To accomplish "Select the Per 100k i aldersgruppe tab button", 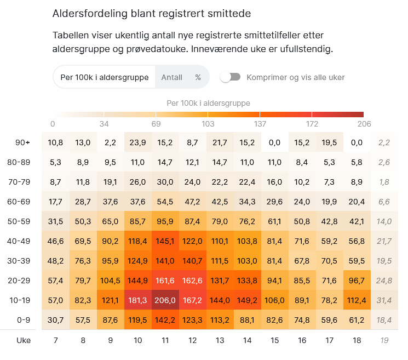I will coord(104,77).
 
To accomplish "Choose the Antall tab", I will coord(171,77).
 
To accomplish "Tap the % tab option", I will coord(198,77).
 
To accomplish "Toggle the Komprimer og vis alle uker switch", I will coord(231,77).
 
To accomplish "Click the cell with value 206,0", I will coord(165,300).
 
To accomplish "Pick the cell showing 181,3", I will coord(137,300).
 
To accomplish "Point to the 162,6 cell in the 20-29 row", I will coord(192,281).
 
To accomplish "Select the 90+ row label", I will coord(22,142).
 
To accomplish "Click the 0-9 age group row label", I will coord(22,320).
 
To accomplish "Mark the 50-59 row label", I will coord(22,221).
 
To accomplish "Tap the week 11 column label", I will coord(165,340).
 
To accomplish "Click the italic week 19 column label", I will coord(384,340).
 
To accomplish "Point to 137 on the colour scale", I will coord(260,124).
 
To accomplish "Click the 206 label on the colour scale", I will coord(357,124).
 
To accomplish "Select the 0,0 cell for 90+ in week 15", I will coord(274,142).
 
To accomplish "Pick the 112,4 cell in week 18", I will coord(357,300).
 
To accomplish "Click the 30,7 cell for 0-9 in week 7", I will coord(55,320).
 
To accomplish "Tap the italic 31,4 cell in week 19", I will coord(384,300).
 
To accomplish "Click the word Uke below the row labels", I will coord(24,340).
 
